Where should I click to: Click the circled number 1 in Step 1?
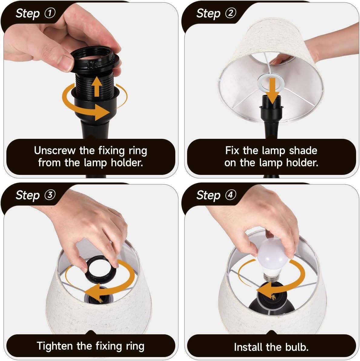(x=50, y=13)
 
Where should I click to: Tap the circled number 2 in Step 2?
(x=231, y=13)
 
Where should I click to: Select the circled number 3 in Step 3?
(x=50, y=195)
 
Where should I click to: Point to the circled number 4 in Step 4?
(x=231, y=195)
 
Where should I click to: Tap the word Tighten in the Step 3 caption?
(x=55, y=346)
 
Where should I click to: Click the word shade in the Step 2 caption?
(x=303, y=150)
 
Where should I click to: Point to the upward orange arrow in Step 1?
(x=97, y=86)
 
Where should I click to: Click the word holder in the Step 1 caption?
(x=127, y=163)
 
